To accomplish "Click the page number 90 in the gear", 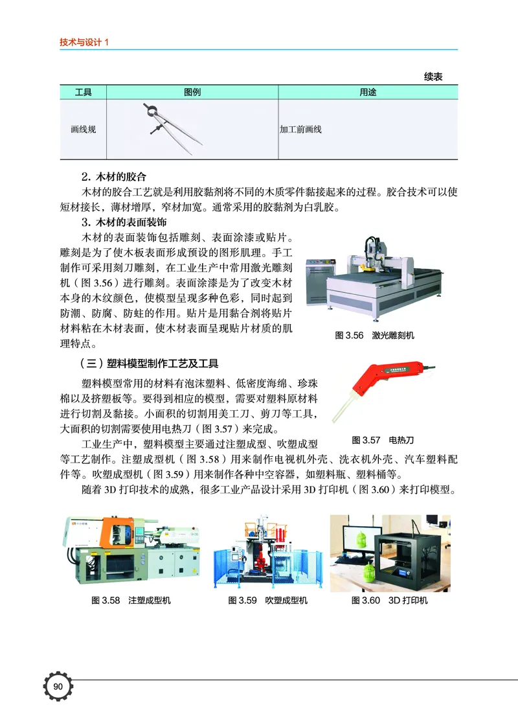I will [x=58, y=687].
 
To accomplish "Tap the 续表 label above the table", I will [x=433, y=77].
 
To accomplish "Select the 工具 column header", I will [x=84, y=93].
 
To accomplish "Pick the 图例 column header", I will [x=192, y=93].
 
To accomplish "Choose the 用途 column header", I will [x=368, y=93].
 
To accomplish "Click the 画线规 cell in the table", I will [x=84, y=130].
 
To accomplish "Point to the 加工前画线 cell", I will [x=300, y=130].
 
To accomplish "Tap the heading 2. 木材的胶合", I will [x=114, y=176].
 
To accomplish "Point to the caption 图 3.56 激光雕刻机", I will [x=374, y=336].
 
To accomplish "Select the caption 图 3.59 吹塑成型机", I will [x=267, y=600].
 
